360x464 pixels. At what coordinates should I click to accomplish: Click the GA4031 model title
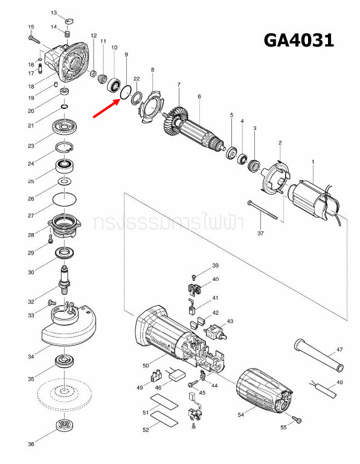click(x=298, y=40)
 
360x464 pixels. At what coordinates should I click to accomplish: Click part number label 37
click(x=261, y=233)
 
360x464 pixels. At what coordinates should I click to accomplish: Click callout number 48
click(x=339, y=382)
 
